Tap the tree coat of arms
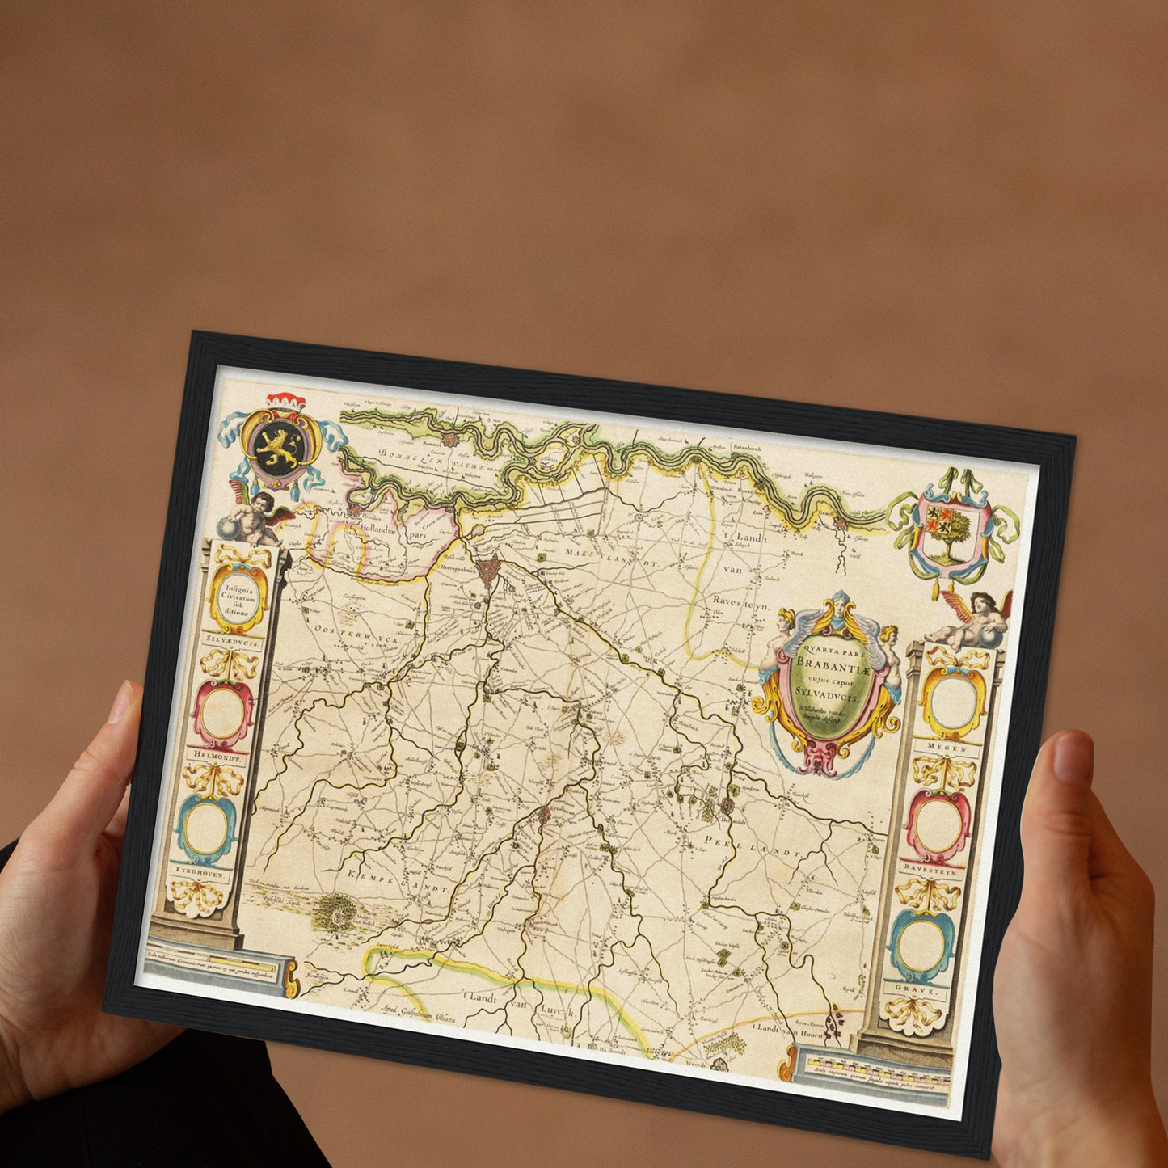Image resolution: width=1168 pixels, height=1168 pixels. coord(950,533)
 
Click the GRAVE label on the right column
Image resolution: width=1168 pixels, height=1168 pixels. coord(919,989)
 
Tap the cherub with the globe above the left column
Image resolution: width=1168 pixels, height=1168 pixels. coord(253,517)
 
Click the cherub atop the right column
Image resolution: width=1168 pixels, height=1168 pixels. coord(974,619)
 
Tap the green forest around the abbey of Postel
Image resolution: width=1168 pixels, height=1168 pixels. coord(339,912)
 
